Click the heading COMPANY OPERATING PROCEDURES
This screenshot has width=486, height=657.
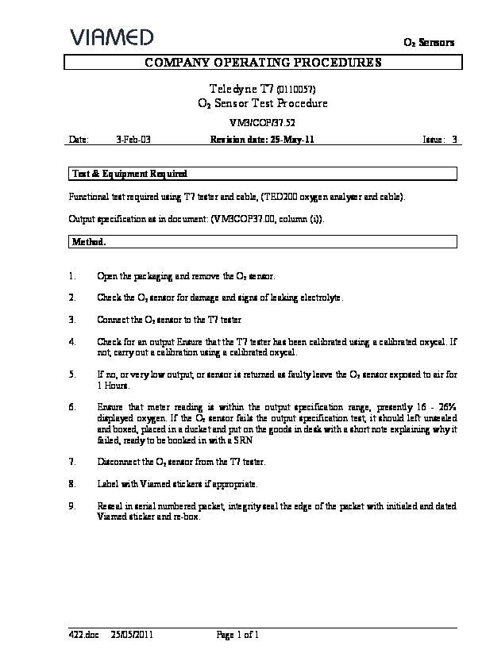pos(261,63)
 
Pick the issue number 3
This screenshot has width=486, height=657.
pos(454,139)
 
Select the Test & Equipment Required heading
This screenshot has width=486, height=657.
pos(129,173)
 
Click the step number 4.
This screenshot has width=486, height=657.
pos(72,341)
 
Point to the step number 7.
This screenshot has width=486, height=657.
pos(72,461)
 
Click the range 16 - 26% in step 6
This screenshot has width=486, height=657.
pos(430,406)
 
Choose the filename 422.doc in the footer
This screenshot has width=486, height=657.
pos(82,635)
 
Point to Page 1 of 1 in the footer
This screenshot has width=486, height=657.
pos(238,635)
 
